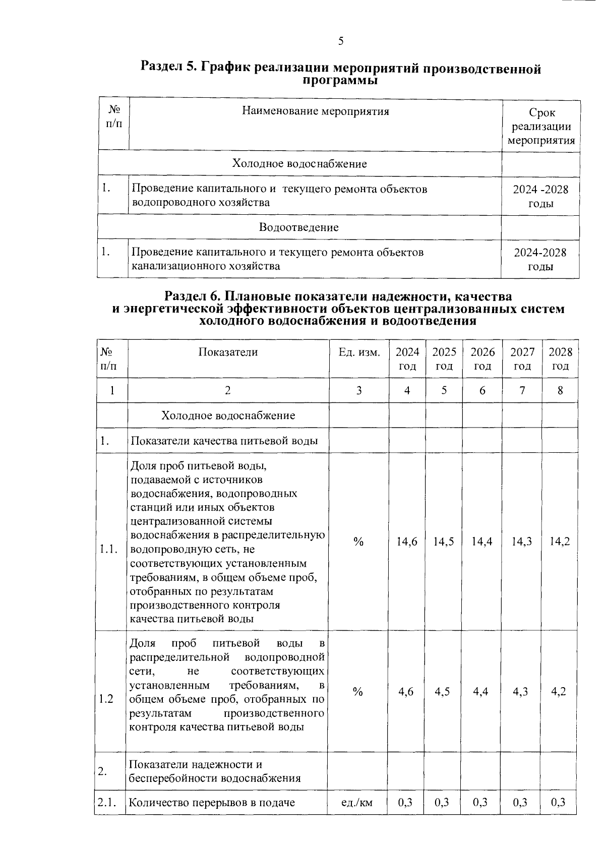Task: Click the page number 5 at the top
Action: [341, 41]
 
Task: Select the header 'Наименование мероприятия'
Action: [316, 111]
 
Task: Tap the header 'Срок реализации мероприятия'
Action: [541, 127]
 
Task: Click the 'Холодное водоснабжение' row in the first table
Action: [299, 164]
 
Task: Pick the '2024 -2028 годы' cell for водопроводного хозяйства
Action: [540, 196]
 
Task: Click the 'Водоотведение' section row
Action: [299, 227]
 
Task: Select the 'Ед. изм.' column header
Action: [359, 352]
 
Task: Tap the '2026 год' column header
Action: [482, 359]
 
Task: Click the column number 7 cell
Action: [522, 390]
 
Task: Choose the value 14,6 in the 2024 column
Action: [407, 542]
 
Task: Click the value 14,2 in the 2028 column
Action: [560, 542]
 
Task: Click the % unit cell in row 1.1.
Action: [358, 542]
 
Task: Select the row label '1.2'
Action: [106, 699]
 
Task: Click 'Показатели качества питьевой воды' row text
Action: [224, 441]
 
